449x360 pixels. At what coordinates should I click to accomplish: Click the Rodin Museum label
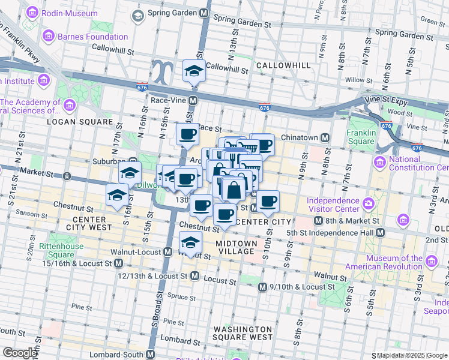tap(70, 13)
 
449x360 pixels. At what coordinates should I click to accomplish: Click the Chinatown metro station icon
tap(325, 137)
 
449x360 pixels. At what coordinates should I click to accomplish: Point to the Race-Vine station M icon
tap(193, 101)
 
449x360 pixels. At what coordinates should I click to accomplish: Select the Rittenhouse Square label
tap(58, 251)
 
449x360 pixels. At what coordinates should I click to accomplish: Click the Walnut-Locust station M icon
tap(166, 251)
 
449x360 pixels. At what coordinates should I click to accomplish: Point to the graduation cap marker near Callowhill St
tap(194, 72)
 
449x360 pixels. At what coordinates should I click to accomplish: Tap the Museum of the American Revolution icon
tap(431, 260)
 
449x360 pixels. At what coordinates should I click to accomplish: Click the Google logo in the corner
tap(19, 353)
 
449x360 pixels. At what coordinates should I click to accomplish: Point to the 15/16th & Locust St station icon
tap(119, 263)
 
